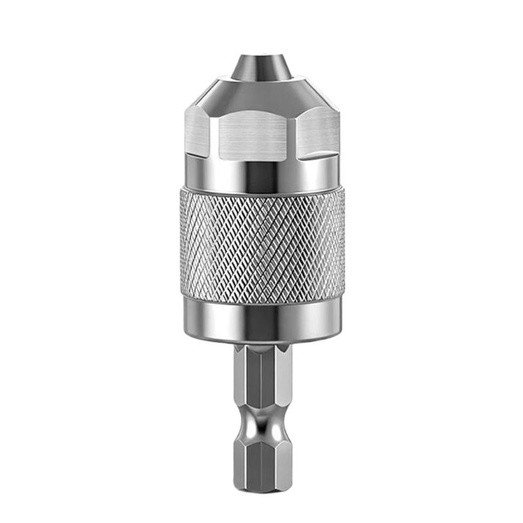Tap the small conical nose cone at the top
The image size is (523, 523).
click(261, 68)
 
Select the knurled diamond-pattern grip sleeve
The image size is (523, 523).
click(261, 245)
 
